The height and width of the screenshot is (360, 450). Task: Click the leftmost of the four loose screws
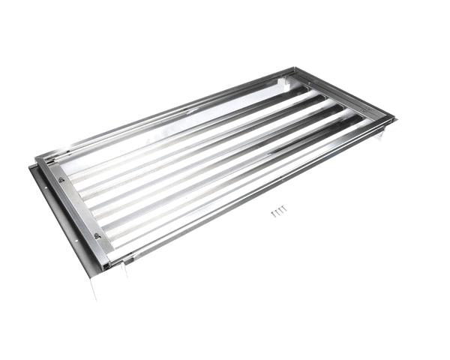pos(273,213)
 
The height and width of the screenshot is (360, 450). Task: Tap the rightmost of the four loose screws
pos(285,209)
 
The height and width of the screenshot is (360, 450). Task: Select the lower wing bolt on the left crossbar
pos(97,235)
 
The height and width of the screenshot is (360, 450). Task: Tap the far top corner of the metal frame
pos(292,68)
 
